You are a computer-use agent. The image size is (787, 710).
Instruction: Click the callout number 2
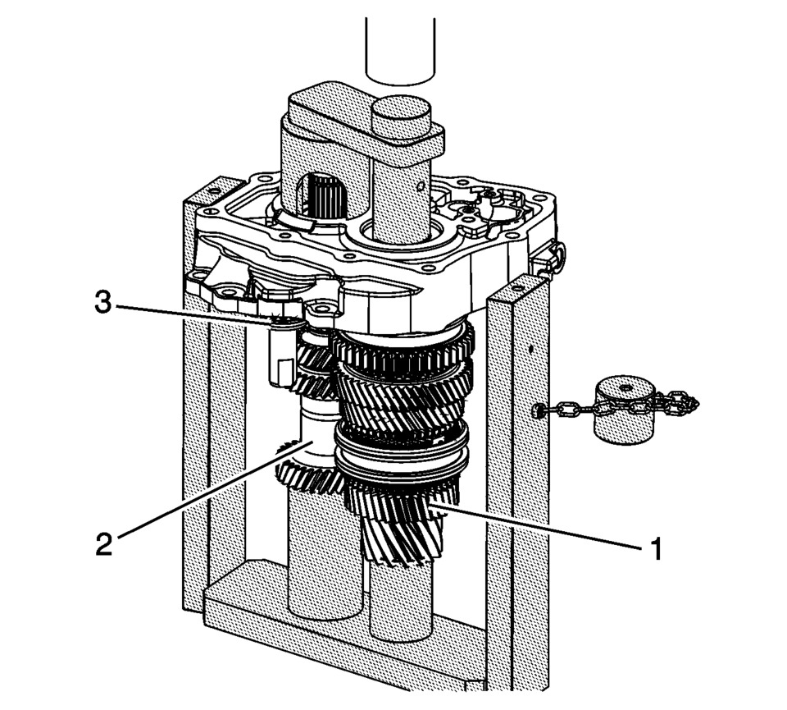104,543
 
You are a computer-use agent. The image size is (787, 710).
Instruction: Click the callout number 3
103,303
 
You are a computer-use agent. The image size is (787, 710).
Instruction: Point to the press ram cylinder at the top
399,50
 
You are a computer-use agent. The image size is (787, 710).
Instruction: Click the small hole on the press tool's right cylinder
421,187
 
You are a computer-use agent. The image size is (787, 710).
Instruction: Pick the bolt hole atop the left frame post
215,191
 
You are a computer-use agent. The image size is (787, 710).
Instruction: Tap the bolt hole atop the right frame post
518,288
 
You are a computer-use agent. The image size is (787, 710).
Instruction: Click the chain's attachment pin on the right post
537,411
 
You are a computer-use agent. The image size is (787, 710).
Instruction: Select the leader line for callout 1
536,527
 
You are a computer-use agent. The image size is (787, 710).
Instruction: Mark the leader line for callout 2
216,490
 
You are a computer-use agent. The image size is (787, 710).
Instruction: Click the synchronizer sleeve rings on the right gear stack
402,447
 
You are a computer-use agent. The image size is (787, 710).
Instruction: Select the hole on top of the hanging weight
625,388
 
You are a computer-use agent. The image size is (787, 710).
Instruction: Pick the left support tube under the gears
325,552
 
